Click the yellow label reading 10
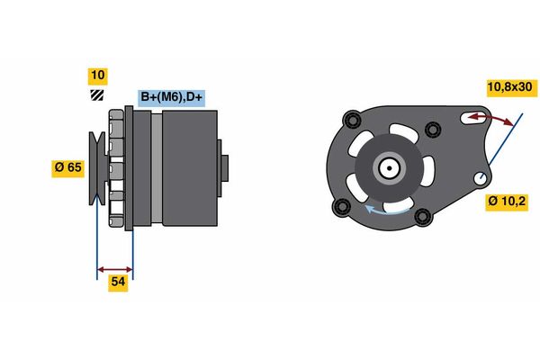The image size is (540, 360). click(x=98, y=76)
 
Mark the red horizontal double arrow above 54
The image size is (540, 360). click(x=114, y=268)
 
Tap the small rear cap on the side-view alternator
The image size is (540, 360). click(x=225, y=168)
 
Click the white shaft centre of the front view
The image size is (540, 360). click(x=388, y=167)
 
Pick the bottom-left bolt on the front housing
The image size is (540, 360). click(x=341, y=210)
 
